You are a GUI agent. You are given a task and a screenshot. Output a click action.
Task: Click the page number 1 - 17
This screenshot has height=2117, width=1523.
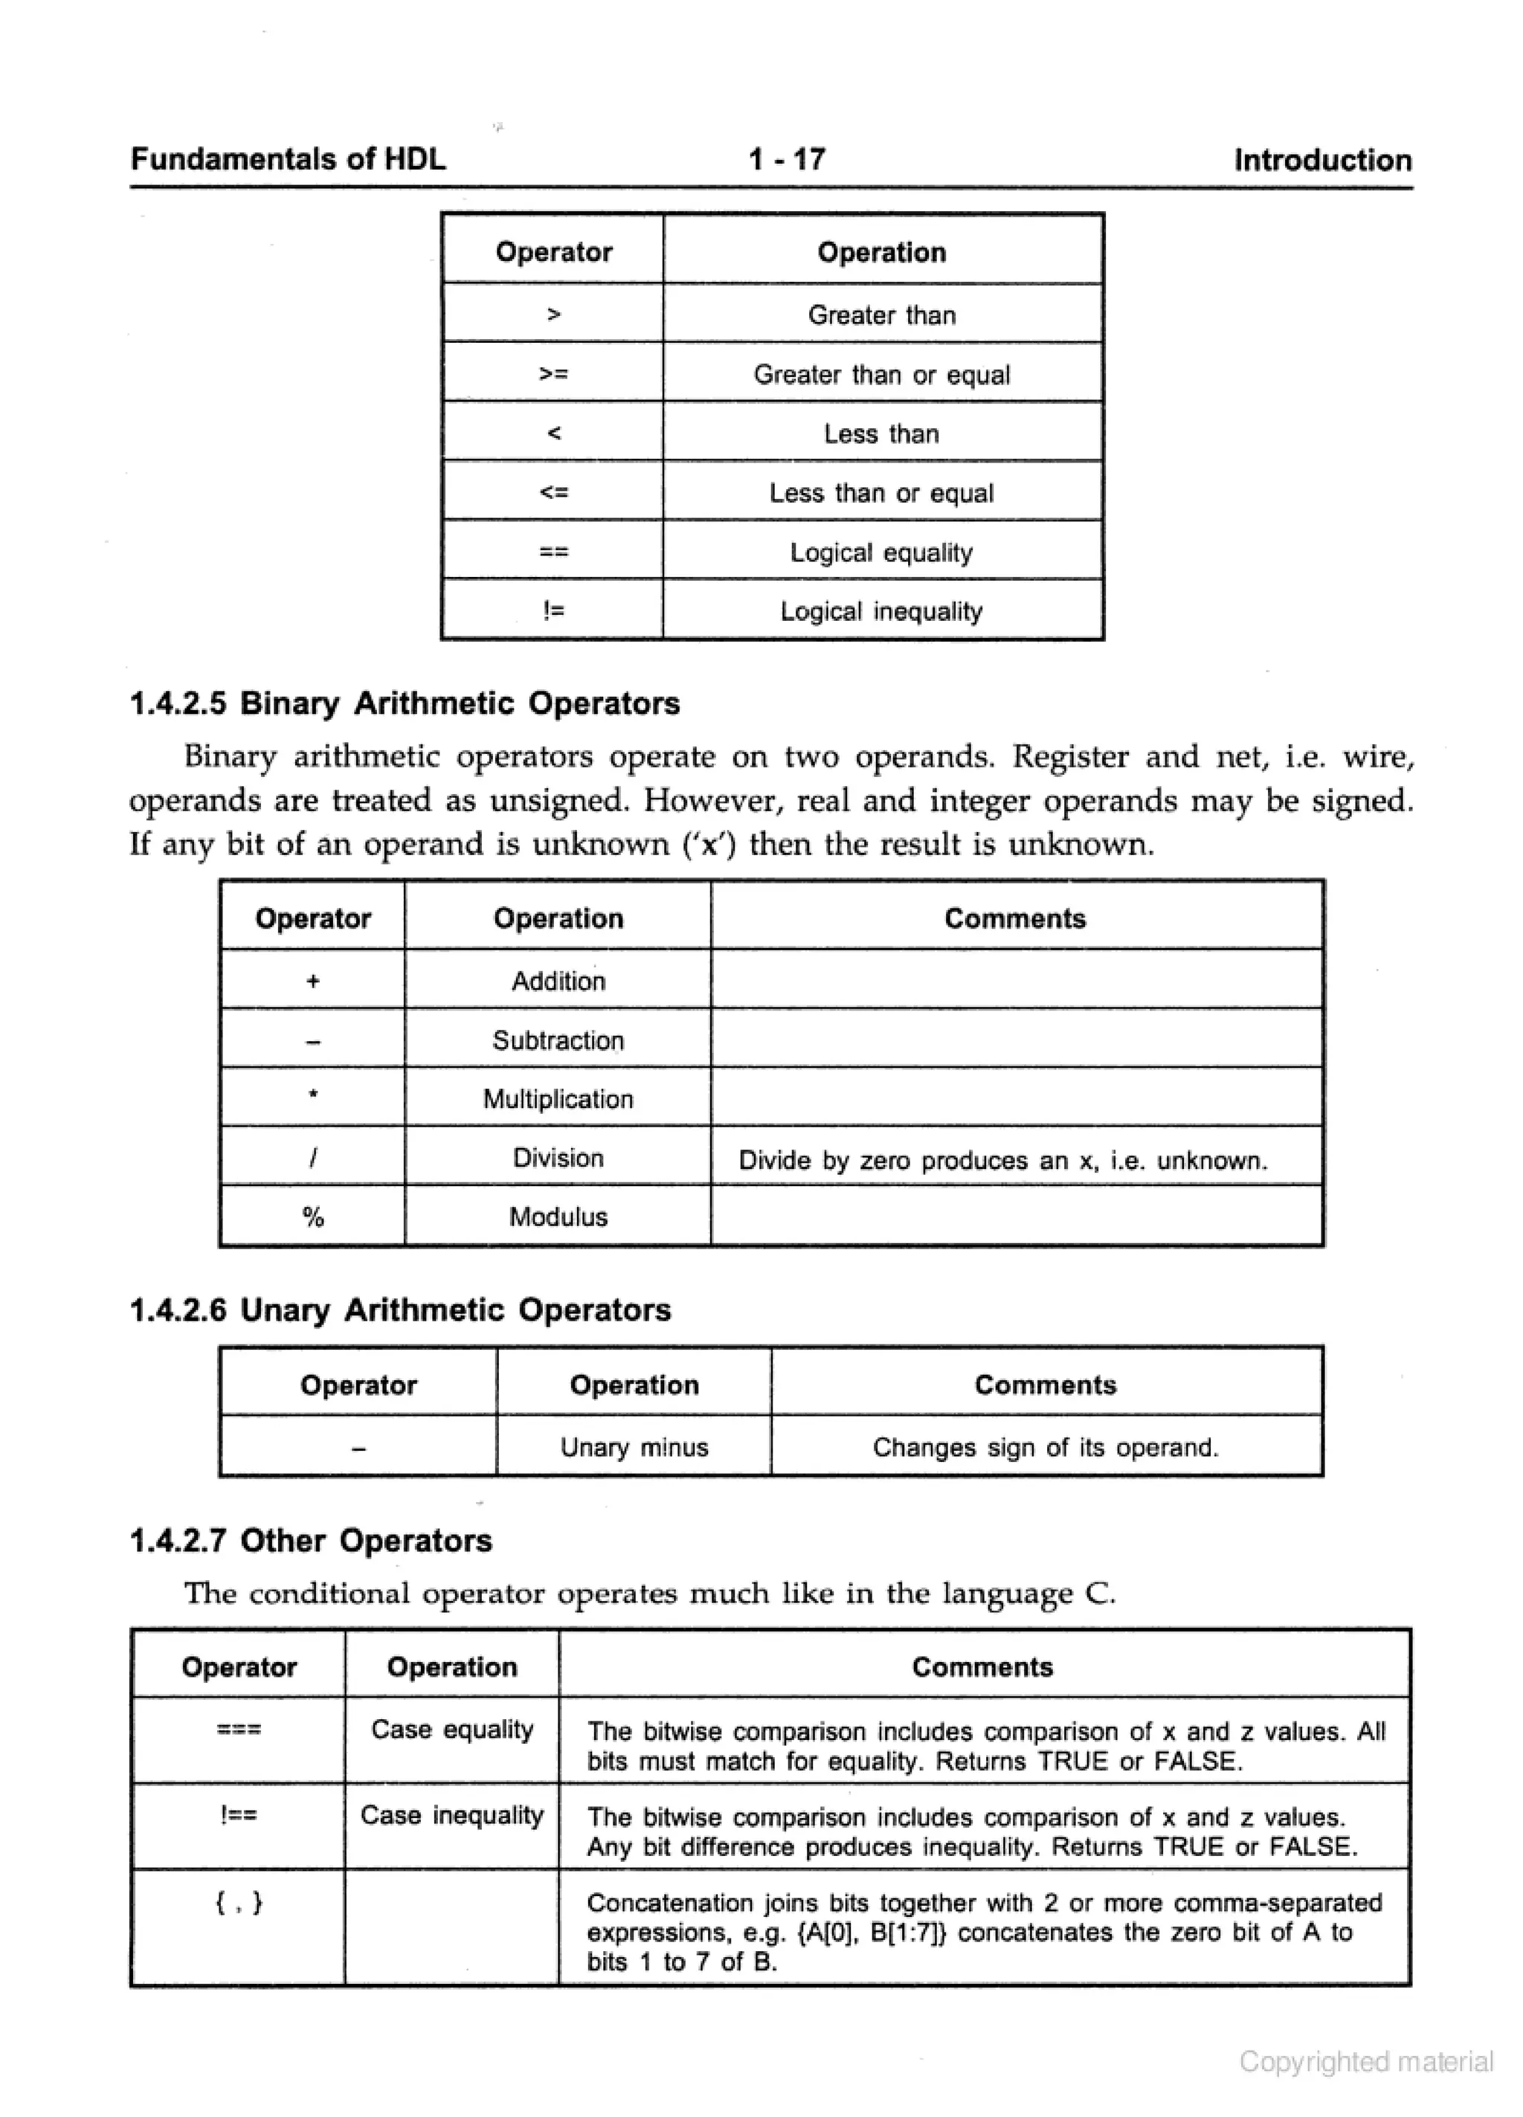pos(786,160)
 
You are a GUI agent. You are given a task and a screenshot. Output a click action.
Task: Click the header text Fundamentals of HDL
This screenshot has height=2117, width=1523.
pos(288,160)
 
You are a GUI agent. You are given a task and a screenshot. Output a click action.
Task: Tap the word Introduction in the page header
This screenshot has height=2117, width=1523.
pos(1321,161)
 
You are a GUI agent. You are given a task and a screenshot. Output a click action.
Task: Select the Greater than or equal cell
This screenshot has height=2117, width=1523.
pos(880,374)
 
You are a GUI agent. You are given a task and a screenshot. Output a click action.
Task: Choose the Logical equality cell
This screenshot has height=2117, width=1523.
pos(880,552)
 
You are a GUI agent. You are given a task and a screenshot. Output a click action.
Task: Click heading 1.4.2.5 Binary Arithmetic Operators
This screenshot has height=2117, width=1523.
pos(405,703)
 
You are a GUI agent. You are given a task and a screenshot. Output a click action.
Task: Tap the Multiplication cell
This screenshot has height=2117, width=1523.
pos(558,1098)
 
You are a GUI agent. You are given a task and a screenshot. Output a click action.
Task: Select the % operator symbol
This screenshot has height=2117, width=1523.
pos(313,1217)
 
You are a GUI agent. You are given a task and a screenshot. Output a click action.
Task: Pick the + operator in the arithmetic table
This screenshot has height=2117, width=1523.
pos(313,981)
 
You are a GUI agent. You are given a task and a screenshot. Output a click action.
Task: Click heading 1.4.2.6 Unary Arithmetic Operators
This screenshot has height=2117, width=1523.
pos(399,1309)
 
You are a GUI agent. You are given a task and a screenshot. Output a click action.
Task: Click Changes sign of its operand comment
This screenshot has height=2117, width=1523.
pos(1045,1447)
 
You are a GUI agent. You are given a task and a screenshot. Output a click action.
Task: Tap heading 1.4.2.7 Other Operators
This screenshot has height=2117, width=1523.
pos(310,1540)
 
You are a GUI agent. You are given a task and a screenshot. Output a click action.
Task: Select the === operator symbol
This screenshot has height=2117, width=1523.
pos(239,1729)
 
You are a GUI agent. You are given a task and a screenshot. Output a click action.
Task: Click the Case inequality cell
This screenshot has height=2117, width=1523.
pos(452,1814)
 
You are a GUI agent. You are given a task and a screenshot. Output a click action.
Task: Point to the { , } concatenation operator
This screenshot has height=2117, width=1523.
pos(239,1901)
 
